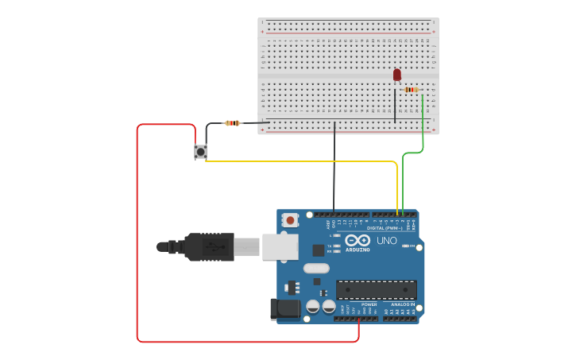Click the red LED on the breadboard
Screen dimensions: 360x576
pos(397,75)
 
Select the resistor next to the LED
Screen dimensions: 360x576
pos(411,90)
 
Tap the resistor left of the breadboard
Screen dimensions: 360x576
pos(232,123)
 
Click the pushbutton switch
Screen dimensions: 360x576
pos(200,151)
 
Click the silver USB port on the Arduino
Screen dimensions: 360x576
pos(280,247)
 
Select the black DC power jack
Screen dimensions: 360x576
pos(284,309)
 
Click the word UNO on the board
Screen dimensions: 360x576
pos(387,240)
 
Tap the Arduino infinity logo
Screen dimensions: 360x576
pos(358,240)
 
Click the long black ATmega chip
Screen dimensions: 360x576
pos(376,289)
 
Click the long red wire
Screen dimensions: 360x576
pos(137,238)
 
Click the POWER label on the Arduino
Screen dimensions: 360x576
pos(369,304)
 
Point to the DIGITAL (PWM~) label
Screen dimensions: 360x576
pos(385,228)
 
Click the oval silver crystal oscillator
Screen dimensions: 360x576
pos(315,268)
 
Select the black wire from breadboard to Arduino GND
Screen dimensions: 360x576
pos(334,167)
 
